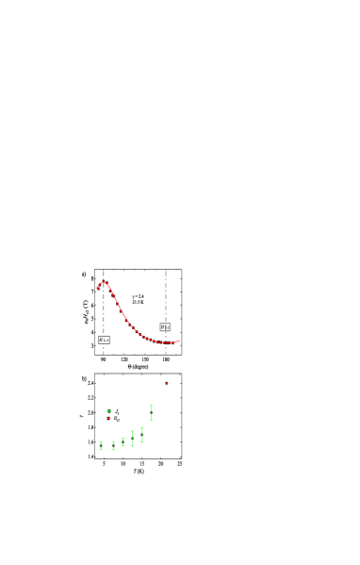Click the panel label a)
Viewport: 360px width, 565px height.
(83, 274)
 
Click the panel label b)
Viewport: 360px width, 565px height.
(83, 378)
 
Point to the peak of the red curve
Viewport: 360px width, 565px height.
(105, 282)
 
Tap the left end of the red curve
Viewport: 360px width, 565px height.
(97, 288)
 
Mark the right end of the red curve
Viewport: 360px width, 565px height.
(179, 341)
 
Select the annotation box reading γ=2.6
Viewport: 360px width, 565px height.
(138, 299)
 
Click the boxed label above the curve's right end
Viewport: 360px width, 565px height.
(165, 327)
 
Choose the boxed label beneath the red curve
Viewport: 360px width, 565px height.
(104, 340)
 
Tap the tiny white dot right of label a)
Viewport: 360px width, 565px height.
(175, 275)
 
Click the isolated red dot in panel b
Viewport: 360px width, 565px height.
(166, 383)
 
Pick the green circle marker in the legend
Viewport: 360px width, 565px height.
(108, 411)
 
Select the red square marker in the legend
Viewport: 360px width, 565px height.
(108, 418)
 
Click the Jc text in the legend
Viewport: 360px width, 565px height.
(116, 411)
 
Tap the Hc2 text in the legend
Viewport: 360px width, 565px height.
(116, 418)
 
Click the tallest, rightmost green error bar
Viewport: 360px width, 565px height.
(151, 413)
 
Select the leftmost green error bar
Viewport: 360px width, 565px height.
(101, 445)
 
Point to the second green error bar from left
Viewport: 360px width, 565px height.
(114, 445)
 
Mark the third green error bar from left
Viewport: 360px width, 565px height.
(123, 441)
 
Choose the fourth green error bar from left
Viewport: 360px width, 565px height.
(133, 438)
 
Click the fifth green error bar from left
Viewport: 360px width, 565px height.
(142, 434)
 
